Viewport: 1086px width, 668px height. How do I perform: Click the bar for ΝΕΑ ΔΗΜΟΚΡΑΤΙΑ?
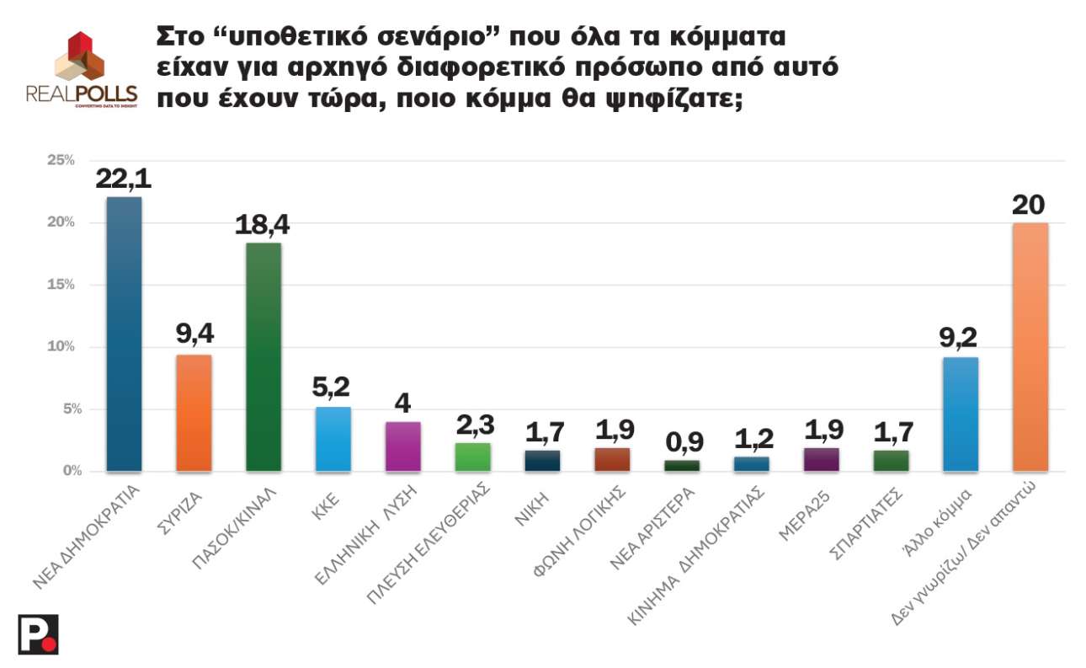click(x=124, y=334)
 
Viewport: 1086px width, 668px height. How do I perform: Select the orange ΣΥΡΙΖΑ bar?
click(x=194, y=413)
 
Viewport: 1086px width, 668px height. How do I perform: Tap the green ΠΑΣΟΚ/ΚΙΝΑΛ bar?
click(x=264, y=356)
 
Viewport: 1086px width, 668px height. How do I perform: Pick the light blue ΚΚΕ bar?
click(x=333, y=439)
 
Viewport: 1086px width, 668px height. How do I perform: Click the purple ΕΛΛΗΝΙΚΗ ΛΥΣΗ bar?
click(x=402, y=446)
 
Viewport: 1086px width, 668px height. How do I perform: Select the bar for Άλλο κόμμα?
click(x=961, y=414)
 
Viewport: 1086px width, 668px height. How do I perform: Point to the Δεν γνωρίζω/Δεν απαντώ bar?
click(x=1030, y=346)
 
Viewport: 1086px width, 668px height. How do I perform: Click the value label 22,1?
click(x=124, y=179)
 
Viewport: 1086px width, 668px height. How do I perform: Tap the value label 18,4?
click(x=263, y=225)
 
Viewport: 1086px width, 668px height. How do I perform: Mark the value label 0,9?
click(x=681, y=442)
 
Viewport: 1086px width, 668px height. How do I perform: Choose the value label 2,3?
click(x=472, y=424)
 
